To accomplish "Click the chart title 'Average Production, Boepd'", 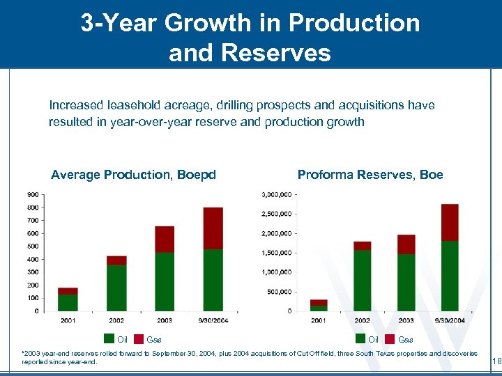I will pos(133,175).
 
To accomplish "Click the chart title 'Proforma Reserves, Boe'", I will pos(370,175).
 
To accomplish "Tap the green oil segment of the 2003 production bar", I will pos(165,281).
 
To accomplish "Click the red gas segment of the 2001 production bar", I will pos(68,291).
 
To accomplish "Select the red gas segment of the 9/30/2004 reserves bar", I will pos(450,222).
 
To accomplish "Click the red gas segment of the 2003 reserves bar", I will pos(406,244).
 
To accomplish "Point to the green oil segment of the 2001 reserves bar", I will pos(319,308).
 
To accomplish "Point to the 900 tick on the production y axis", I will pos(33,194).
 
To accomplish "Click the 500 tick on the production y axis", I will pos(33,246).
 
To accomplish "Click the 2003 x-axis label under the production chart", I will pos(165,320).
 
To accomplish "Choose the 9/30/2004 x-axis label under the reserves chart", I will pos(450,320).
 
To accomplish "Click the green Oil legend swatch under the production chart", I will pos(109,339).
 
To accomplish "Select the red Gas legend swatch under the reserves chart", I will pos(390,339).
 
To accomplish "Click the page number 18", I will pos(496,361).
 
